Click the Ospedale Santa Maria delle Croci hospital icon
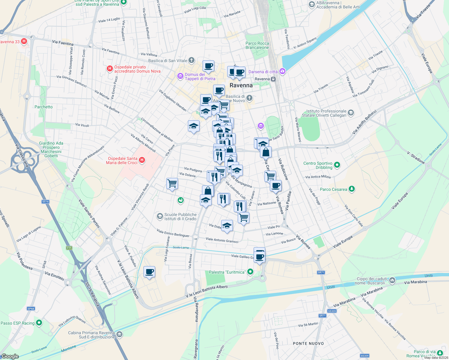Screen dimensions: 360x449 point(142,160)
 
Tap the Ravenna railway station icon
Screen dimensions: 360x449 point(273,79)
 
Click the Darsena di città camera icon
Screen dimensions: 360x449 point(282,71)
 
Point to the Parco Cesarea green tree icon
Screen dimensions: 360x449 point(352,189)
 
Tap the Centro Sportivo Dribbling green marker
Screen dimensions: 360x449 point(337,165)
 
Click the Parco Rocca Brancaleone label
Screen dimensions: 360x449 point(257,45)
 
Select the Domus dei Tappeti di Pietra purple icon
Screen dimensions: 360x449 point(180,76)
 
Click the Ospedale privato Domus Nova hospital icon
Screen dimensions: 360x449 point(110,69)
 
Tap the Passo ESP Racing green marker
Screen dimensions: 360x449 point(39,323)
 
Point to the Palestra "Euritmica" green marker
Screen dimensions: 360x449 point(250,272)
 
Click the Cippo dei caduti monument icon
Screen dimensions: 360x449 point(392,280)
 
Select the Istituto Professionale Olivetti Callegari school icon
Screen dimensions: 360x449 point(351,113)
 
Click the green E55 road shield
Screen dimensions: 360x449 point(69,248)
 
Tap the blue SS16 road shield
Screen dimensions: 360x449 point(45,202)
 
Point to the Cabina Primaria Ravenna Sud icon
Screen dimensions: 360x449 point(119,334)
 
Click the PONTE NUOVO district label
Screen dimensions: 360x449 point(308,343)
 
